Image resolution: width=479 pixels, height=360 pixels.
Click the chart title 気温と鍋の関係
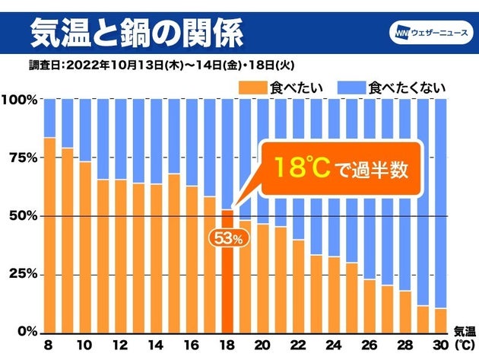pyautogui.click(x=138, y=33)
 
